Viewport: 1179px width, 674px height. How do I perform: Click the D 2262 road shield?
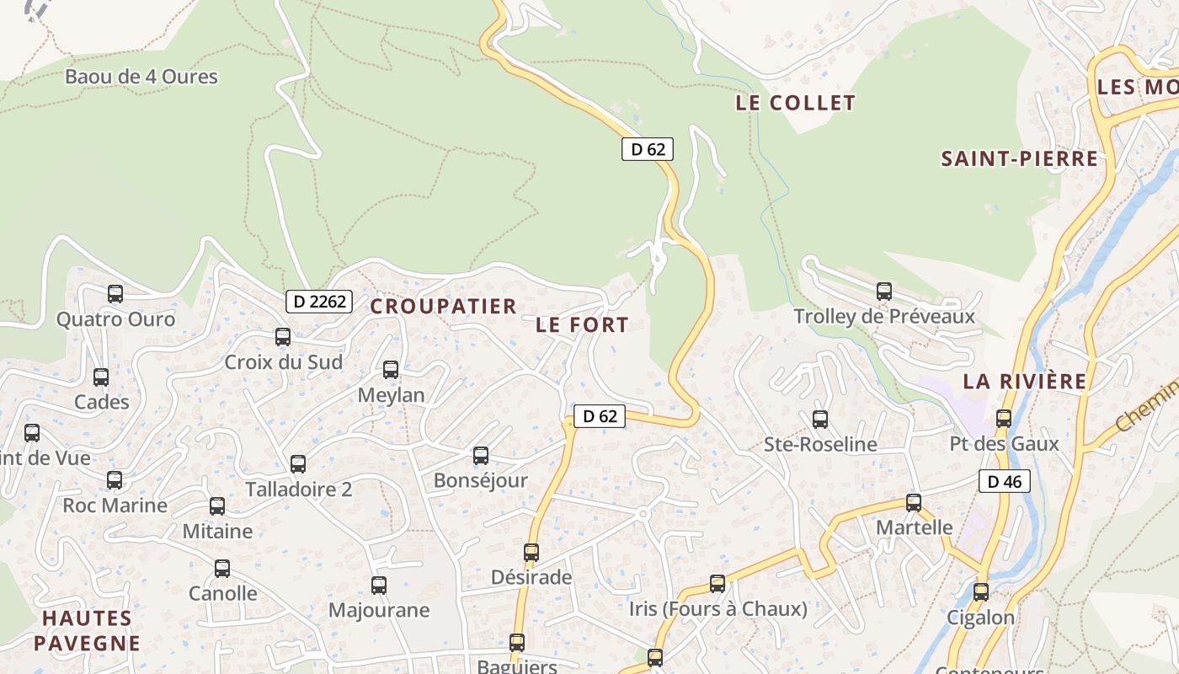pos(318,301)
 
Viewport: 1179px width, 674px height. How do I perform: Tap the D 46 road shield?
pos(1004,482)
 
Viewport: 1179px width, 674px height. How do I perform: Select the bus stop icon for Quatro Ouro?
pos(115,294)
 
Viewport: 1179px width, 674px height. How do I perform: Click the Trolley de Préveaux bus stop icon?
pos(884,292)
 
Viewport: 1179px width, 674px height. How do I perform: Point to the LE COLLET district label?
pos(795,103)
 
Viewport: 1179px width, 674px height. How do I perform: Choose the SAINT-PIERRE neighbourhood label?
pos(1019,158)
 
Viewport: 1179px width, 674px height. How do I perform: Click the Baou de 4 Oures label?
pos(141,77)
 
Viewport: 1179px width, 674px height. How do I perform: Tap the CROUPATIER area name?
pos(443,306)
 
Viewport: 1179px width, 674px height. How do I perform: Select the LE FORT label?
pos(582,324)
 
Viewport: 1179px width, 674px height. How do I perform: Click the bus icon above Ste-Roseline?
pos(820,419)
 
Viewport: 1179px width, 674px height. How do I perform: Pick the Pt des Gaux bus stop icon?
pos(1004,418)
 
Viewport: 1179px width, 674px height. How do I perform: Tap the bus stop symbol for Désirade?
pos(531,553)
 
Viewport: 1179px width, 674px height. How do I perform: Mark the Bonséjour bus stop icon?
pos(481,456)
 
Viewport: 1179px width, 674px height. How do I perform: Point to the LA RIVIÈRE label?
pos(1025,381)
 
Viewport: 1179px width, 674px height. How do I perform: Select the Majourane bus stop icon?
pos(379,585)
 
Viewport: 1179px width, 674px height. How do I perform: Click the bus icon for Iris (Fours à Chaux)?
pos(718,583)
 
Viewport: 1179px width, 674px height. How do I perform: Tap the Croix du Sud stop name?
pos(283,362)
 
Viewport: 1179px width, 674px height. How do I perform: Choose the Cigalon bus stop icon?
pos(981,591)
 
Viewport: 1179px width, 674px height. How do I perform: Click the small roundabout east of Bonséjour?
pos(643,513)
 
